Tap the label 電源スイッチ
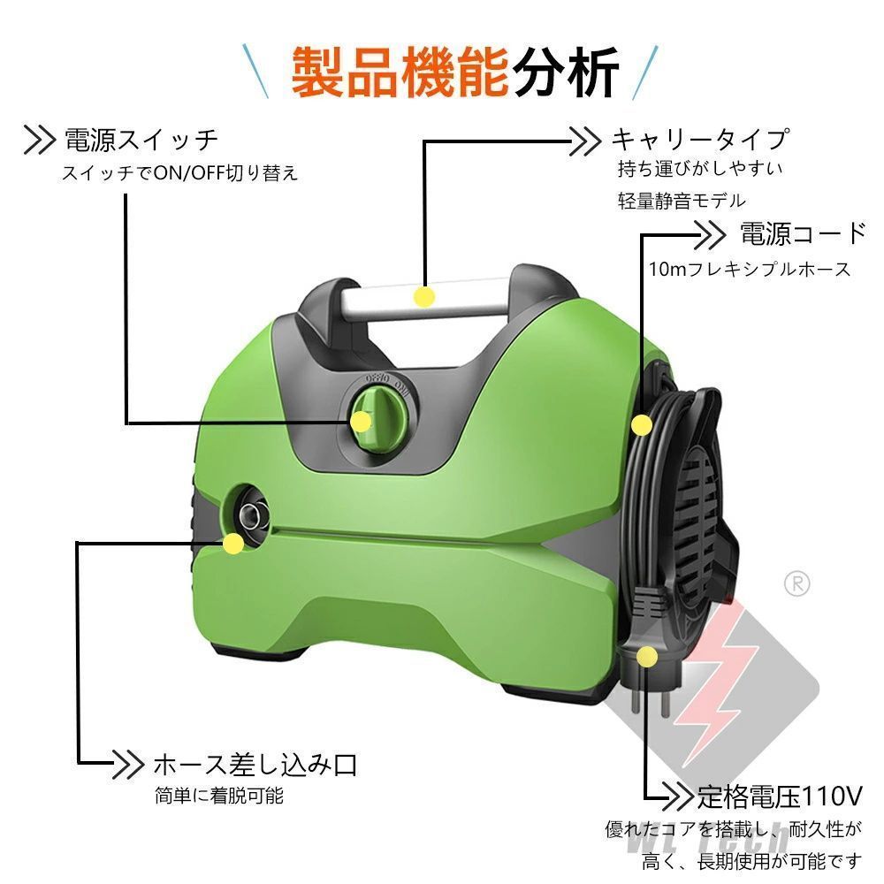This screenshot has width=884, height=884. [x=141, y=140]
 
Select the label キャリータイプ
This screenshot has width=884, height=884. [x=699, y=139]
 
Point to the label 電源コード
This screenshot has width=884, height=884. [x=803, y=234]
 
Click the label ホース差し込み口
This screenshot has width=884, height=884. [x=255, y=762]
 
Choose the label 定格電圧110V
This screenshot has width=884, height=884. [x=778, y=795]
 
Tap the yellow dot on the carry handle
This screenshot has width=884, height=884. [x=424, y=296]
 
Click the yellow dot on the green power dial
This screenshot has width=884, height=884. [x=361, y=423]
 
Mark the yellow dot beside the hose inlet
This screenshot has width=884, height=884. [x=233, y=543]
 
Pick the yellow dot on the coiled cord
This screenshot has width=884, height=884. [x=641, y=425]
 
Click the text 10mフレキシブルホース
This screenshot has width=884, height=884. [x=750, y=269]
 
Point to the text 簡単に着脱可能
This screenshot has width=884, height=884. [x=218, y=796]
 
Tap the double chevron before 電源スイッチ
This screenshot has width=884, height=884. [x=40, y=140]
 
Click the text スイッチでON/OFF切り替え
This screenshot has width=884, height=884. [x=179, y=173]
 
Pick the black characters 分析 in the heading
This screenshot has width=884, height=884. [x=566, y=72]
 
